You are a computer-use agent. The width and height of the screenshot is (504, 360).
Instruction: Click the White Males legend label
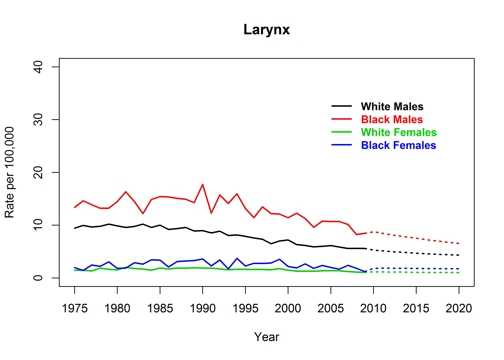coord(392,106)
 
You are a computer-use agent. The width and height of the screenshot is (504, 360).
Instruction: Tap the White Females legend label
coord(399,132)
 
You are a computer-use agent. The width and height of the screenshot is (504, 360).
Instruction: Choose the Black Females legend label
coord(399,145)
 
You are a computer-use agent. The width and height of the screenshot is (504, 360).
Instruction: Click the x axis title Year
coord(267,338)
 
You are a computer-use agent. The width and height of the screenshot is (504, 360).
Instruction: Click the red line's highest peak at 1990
coord(203,184)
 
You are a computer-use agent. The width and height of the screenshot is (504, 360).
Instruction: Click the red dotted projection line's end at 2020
coord(459,244)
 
